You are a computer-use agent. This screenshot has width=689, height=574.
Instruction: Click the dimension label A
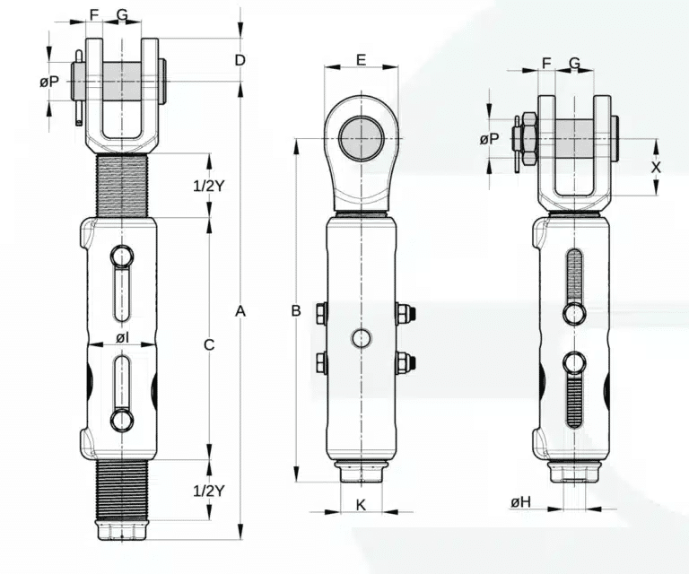point(240,311)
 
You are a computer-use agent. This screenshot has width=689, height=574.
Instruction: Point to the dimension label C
point(208,344)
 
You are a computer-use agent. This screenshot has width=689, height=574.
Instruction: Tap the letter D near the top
point(240,60)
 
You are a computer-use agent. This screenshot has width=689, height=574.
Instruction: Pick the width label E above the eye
point(361,60)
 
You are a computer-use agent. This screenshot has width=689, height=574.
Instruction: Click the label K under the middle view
point(361,505)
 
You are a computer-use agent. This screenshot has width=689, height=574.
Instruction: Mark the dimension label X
point(656,167)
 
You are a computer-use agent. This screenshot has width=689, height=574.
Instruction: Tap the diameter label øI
point(122,337)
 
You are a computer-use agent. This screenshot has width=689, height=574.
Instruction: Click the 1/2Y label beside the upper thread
point(208,187)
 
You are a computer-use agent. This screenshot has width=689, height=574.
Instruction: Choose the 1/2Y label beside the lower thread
point(208,490)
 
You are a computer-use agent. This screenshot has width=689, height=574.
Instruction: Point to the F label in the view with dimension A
point(95,15)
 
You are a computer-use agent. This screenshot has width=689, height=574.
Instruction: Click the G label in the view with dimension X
point(574,62)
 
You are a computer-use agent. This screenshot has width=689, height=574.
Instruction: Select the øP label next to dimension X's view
point(489,139)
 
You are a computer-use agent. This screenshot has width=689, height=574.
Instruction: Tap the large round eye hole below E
point(361,139)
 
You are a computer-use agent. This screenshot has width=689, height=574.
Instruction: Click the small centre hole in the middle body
point(361,338)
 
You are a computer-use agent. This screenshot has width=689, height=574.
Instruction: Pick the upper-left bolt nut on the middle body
point(321,313)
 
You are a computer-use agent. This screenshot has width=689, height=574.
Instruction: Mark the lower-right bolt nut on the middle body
point(402,362)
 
